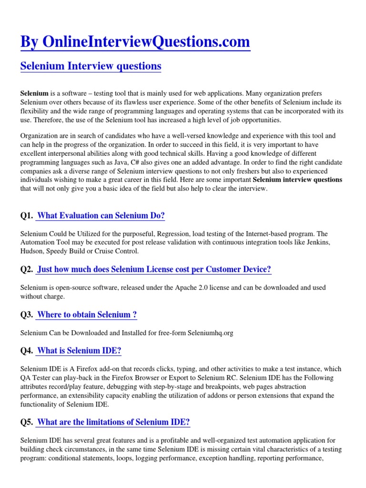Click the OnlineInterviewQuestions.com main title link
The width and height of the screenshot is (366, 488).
coord(135,42)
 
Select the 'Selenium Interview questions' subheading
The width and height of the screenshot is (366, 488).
coord(91,66)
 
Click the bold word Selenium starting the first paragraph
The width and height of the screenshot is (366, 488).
coord(34,93)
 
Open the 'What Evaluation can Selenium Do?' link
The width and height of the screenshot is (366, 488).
coord(101,216)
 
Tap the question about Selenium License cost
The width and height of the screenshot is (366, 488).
coord(154,269)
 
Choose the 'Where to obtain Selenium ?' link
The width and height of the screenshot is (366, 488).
coord(87,315)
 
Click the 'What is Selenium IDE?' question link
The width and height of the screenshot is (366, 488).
coord(79,351)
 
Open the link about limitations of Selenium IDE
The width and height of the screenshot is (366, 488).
coord(113,422)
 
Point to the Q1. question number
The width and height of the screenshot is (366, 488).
coord(27,216)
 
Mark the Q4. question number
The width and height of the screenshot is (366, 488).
coord(27,351)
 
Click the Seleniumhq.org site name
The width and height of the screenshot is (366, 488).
coord(210,333)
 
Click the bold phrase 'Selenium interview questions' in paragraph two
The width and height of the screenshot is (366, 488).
coord(297,180)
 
